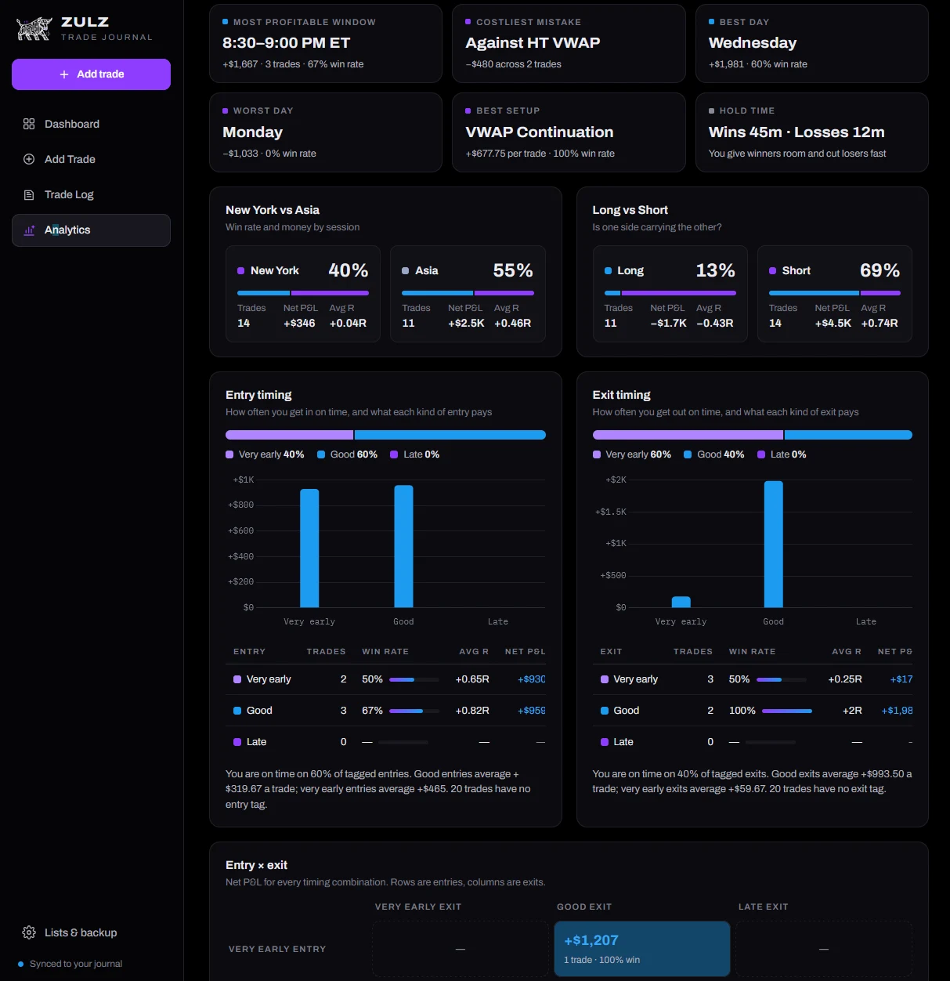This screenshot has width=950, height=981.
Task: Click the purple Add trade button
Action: pyautogui.click(x=91, y=74)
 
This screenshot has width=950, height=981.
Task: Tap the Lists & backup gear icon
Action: pyautogui.click(x=29, y=932)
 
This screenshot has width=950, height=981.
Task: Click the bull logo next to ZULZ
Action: pyautogui.click(x=34, y=29)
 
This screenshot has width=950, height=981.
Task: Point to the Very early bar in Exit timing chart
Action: pyautogui.click(x=681, y=602)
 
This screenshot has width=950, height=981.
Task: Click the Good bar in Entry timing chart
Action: pyautogui.click(x=403, y=546)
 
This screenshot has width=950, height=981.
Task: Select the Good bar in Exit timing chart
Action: pyautogui.click(x=773, y=545)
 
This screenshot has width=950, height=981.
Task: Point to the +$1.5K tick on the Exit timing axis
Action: pyautogui.click(x=610, y=512)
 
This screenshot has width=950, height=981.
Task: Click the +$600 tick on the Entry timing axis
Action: pyautogui.click(x=241, y=530)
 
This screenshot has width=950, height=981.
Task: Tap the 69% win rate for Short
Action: pyautogui.click(x=880, y=270)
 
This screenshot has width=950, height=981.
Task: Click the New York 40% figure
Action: pyautogui.click(x=349, y=270)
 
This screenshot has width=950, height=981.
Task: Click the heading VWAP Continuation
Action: pyautogui.click(x=540, y=132)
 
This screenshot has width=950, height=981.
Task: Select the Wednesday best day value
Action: pyautogui.click(x=753, y=43)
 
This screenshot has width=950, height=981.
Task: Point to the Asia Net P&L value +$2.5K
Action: pyautogui.click(x=466, y=323)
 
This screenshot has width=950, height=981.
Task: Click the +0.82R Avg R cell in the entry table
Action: pyautogui.click(x=472, y=711)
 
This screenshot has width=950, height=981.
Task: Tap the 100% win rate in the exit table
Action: pyautogui.click(x=742, y=711)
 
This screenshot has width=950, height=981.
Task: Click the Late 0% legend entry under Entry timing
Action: pyautogui.click(x=415, y=454)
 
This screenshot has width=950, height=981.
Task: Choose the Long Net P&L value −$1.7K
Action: pyautogui.click(x=668, y=323)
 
